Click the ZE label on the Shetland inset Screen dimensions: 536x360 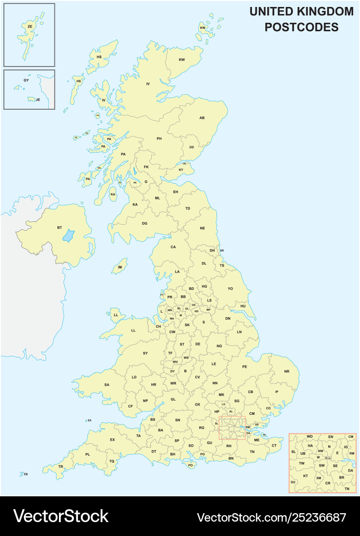pos(30,26)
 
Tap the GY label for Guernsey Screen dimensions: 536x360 pos(26,80)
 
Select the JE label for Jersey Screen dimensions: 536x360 pos(38,99)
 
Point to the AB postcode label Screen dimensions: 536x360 pos(202,118)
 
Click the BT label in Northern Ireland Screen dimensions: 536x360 pos(60,228)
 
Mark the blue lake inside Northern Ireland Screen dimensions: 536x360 pos(68,235)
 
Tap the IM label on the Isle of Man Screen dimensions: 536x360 pos(120,267)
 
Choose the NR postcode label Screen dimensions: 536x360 pos(286,371)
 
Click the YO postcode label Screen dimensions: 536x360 pos(230,288)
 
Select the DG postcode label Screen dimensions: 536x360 pos(144,223)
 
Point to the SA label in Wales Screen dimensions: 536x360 pos(107,385)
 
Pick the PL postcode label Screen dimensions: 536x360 pos(88,454)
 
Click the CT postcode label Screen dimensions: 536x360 pos(274,446)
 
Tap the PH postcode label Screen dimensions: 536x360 pos(159,138)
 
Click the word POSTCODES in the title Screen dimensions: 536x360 pos(301,27)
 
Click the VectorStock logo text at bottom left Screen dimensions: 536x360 pos(60,516)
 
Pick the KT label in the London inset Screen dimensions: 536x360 pos(305,476)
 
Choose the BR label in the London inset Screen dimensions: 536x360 pos(341,477)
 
